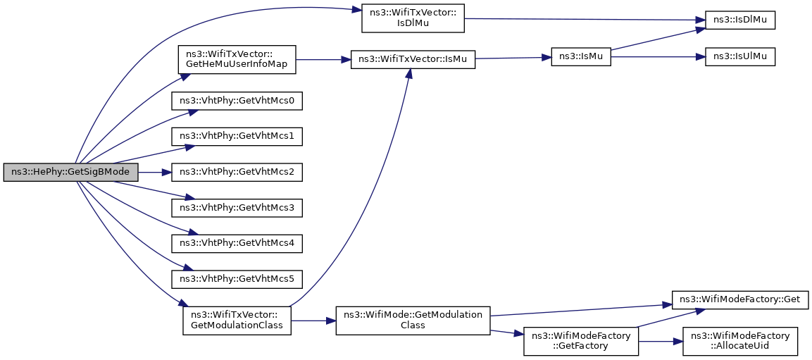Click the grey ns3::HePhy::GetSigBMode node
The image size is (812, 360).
pos(71,172)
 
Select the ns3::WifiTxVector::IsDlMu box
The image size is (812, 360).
pos(413,18)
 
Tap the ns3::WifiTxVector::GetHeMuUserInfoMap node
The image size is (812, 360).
pos(237,60)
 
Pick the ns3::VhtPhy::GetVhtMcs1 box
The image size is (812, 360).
pos(237,136)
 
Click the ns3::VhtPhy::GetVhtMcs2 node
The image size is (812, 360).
pos(237,172)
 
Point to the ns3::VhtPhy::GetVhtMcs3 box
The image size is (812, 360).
pos(237,208)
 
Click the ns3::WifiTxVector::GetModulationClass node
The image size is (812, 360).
pos(237,320)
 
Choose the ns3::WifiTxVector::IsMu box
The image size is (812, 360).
pos(413,60)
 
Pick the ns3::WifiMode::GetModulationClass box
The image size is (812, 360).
pos(413,320)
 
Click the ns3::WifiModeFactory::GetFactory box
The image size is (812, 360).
pos(581,341)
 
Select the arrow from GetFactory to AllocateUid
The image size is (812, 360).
pos(661,341)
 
